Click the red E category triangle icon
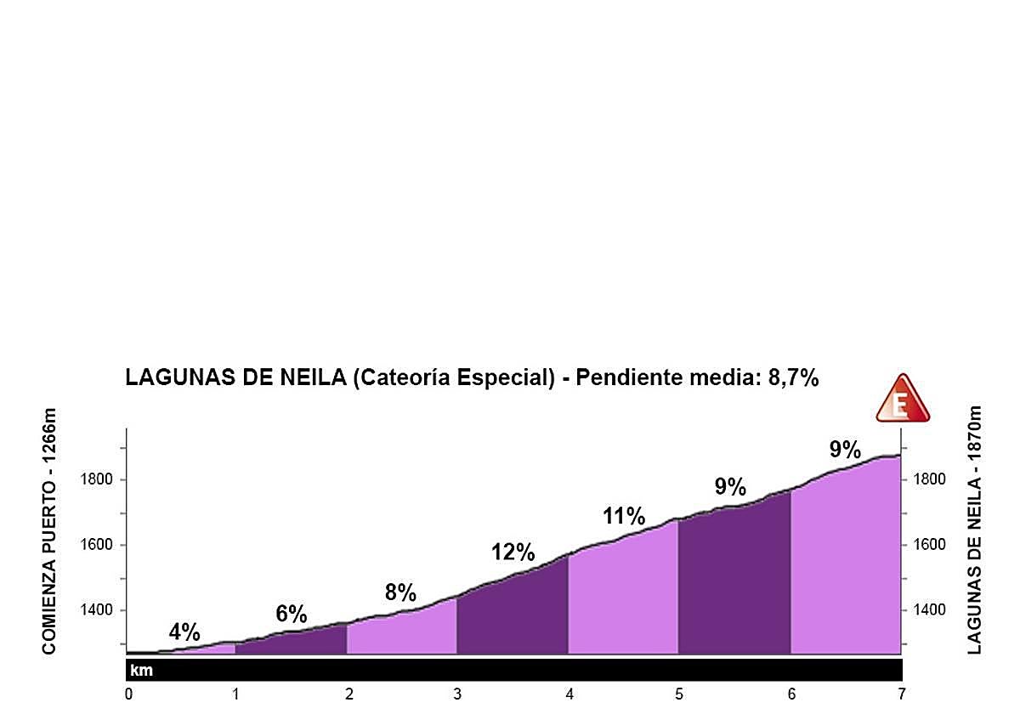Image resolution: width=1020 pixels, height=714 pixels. (903, 399)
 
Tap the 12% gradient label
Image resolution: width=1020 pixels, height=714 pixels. (513, 552)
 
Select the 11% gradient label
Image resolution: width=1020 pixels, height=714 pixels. (624, 516)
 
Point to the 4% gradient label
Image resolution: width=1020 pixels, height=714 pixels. (184, 632)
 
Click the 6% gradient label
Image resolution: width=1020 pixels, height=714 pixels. (292, 614)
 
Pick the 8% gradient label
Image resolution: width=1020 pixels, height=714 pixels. (400, 592)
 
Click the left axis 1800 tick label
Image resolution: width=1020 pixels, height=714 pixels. (97, 480)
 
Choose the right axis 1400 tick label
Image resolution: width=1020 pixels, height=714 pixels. (928, 610)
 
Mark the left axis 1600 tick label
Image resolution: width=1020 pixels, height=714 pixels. (97, 546)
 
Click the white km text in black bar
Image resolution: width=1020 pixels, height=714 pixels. (141, 671)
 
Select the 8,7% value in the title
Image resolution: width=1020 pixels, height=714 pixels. (793, 378)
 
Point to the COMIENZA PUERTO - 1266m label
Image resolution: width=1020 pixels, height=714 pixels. (48, 531)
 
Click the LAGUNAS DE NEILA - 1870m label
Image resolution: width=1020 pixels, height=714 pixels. (974, 530)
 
